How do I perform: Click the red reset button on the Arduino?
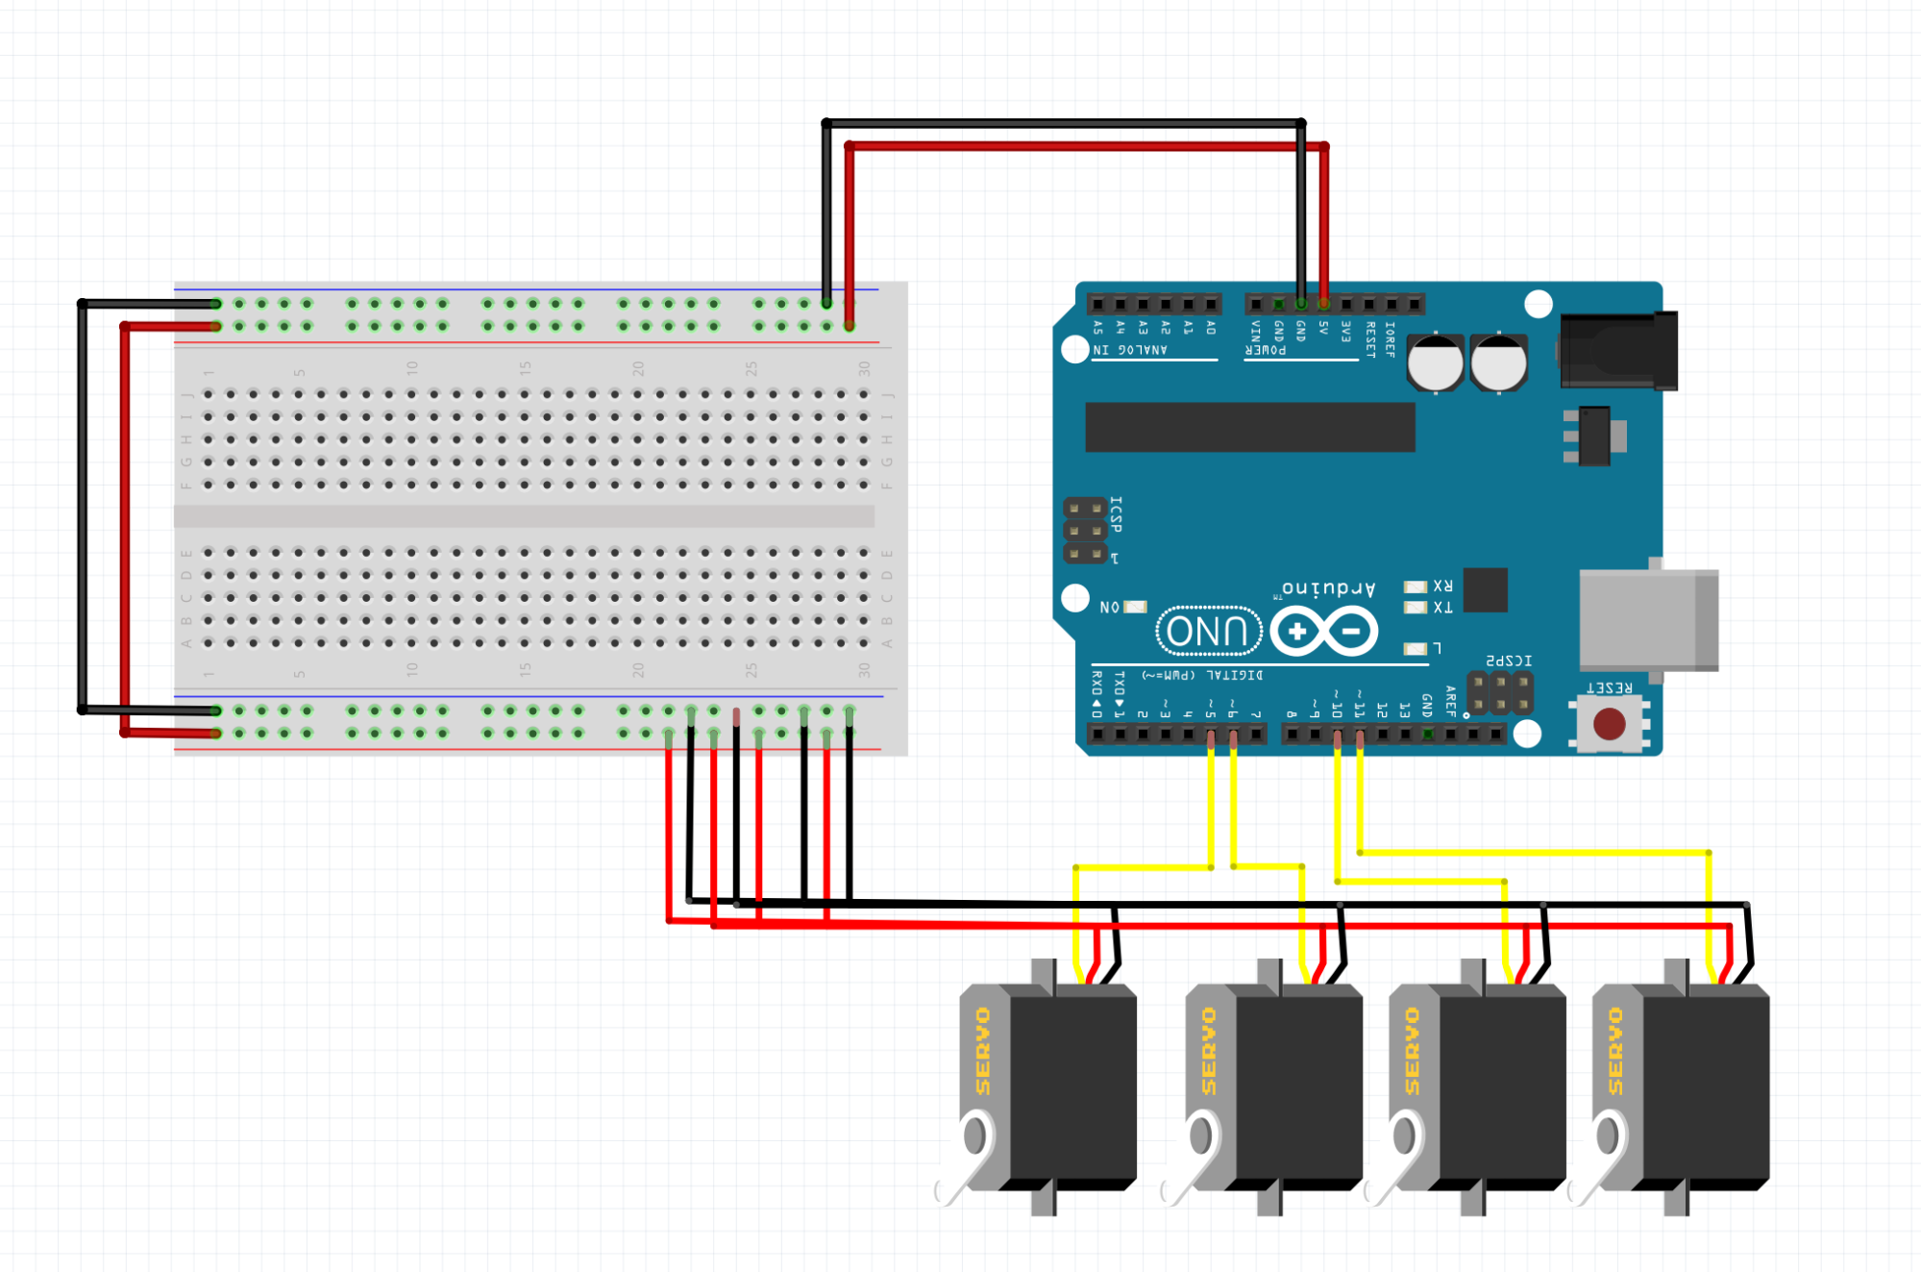point(1609,723)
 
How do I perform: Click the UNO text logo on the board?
point(1208,632)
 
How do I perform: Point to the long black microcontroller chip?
point(1249,427)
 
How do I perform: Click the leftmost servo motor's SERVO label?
point(982,1051)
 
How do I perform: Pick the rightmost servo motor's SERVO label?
point(1614,1051)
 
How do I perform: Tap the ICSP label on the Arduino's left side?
point(1116,514)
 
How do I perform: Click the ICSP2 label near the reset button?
point(1509,661)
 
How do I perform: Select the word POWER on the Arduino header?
point(1266,350)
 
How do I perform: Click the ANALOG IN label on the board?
point(1130,350)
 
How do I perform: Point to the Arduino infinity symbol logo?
point(1324,632)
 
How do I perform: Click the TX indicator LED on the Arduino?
point(1415,608)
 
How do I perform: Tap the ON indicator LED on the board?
point(1135,607)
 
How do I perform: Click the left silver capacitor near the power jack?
point(1436,363)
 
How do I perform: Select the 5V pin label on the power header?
point(1323,328)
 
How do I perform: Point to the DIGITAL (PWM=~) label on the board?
point(1202,676)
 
